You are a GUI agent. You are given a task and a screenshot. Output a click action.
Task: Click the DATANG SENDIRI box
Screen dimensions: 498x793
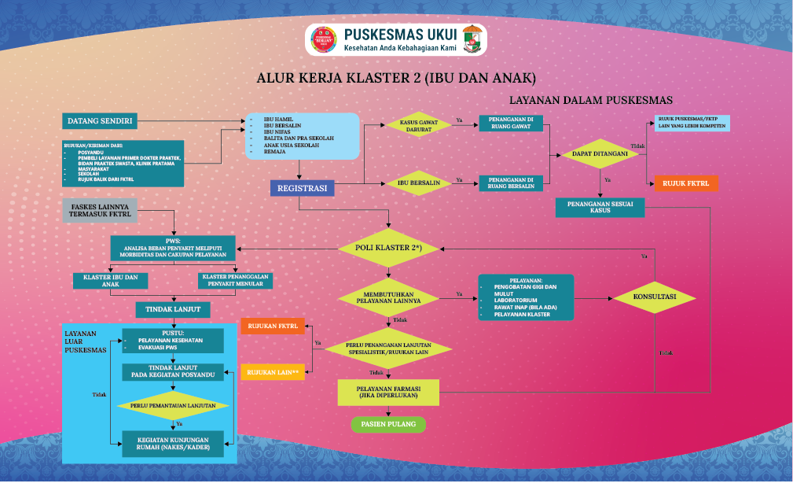click(x=100, y=121)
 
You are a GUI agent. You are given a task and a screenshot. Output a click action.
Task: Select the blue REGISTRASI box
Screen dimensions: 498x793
click(x=303, y=188)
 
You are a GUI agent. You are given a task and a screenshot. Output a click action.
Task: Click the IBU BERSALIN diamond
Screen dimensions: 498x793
click(x=418, y=183)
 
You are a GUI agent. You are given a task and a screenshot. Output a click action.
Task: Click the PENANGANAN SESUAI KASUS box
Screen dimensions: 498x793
click(x=600, y=207)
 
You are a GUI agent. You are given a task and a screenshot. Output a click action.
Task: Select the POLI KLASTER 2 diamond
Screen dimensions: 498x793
click(x=391, y=249)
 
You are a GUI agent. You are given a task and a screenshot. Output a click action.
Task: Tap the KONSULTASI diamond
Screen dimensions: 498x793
click(x=654, y=297)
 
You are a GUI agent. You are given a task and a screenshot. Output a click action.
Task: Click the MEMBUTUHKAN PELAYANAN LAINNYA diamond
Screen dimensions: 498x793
click(x=391, y=297)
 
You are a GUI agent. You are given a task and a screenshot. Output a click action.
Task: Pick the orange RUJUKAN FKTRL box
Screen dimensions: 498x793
click(x=272, y=325)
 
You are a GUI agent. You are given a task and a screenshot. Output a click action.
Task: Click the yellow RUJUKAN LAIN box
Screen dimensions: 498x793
click(x=272, y=371)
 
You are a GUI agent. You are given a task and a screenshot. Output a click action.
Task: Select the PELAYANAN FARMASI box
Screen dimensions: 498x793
click(x=388, y=392)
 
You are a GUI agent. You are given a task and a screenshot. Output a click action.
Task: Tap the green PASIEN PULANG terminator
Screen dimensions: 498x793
click(x=388, y=424)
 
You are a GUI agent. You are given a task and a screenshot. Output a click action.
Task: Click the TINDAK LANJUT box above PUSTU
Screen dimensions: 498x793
click(x=173, y=309)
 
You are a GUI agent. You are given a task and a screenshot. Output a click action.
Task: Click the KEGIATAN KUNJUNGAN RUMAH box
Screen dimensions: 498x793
click(x=173, y=444)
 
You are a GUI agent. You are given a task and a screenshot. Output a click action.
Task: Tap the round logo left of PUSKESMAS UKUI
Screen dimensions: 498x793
click(x=325, y=40)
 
